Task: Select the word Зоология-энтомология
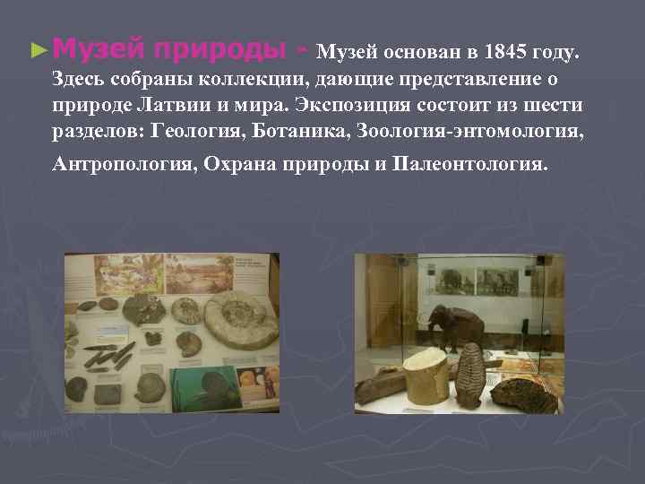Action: (x=469, y=133)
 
